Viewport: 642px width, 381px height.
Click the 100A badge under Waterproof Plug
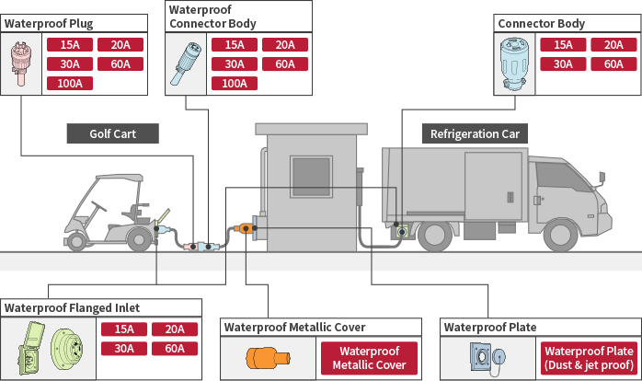(69, 84)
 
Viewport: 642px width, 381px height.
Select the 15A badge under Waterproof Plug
(69, 45)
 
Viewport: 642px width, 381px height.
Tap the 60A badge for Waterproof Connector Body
(285, 64)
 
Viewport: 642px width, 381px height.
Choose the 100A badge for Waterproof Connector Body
(235, 84)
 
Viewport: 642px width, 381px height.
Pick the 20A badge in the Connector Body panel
(613, 45)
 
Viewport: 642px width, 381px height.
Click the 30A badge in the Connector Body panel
(564, 64)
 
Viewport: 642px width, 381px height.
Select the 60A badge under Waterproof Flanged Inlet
(175, 349)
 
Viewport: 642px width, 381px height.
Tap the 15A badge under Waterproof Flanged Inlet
(124, 329)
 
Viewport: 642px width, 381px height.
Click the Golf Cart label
(112, 133)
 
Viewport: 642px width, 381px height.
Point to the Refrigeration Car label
(475, 133)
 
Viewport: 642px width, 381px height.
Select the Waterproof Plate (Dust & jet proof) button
(589, 358)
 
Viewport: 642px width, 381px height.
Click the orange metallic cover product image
(268, 357)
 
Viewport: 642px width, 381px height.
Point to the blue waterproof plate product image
(487, 357)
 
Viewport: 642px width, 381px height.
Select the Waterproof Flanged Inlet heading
(73, 307)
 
